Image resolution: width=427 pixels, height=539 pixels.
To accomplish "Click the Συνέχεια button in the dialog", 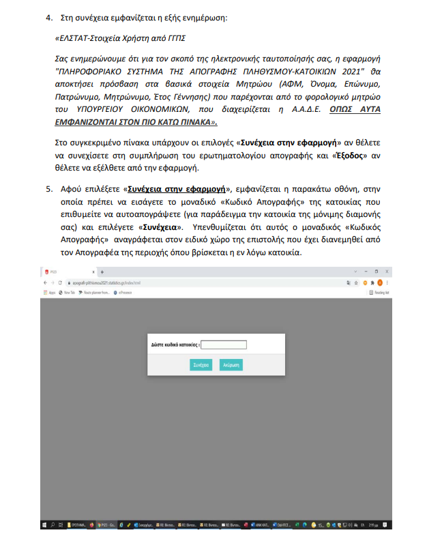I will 201,365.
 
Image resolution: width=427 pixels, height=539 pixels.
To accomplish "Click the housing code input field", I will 223,345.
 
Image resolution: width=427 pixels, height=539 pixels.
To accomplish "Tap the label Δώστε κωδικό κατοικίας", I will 174,345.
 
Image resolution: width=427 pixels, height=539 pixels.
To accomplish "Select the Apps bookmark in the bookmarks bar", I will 53,291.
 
